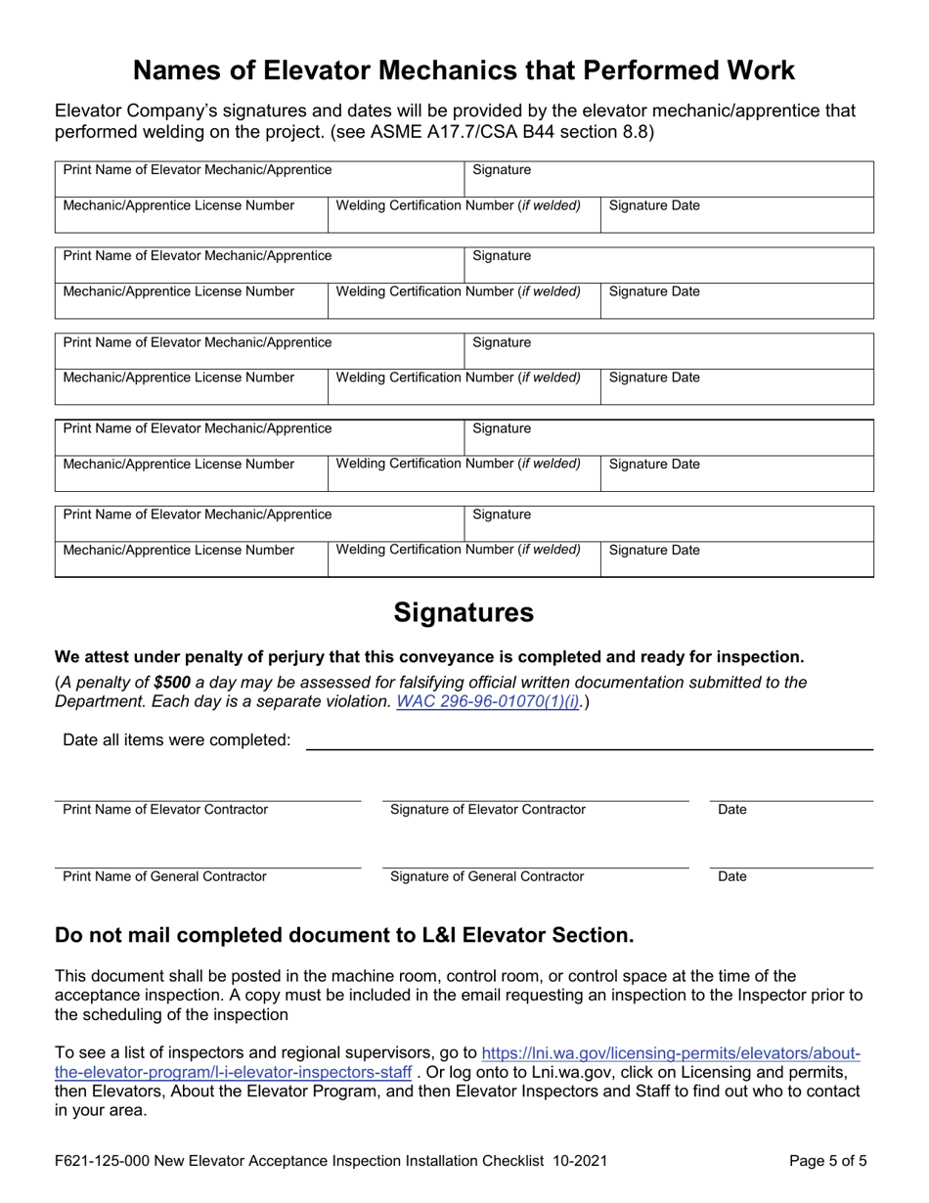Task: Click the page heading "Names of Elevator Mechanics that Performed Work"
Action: (464, 70)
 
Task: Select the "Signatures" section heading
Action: (464, 613)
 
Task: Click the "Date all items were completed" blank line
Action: (590, 740)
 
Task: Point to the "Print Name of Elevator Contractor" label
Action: (165, 810)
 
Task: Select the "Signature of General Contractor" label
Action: (487, 876)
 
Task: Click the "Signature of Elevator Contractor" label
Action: (488, 810)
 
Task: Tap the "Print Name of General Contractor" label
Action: (164, 876)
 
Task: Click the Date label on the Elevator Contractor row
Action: (732, 810)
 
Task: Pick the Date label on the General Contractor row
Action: (732, 876)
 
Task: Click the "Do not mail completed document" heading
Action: (344, 936)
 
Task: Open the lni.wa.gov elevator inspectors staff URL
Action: (670, 1053)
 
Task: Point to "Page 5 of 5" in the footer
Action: (827, 1162)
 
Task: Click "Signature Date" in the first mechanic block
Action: (654, 206)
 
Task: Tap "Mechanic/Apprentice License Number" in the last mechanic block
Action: (179, 551)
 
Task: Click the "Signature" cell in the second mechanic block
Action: (502, 256)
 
